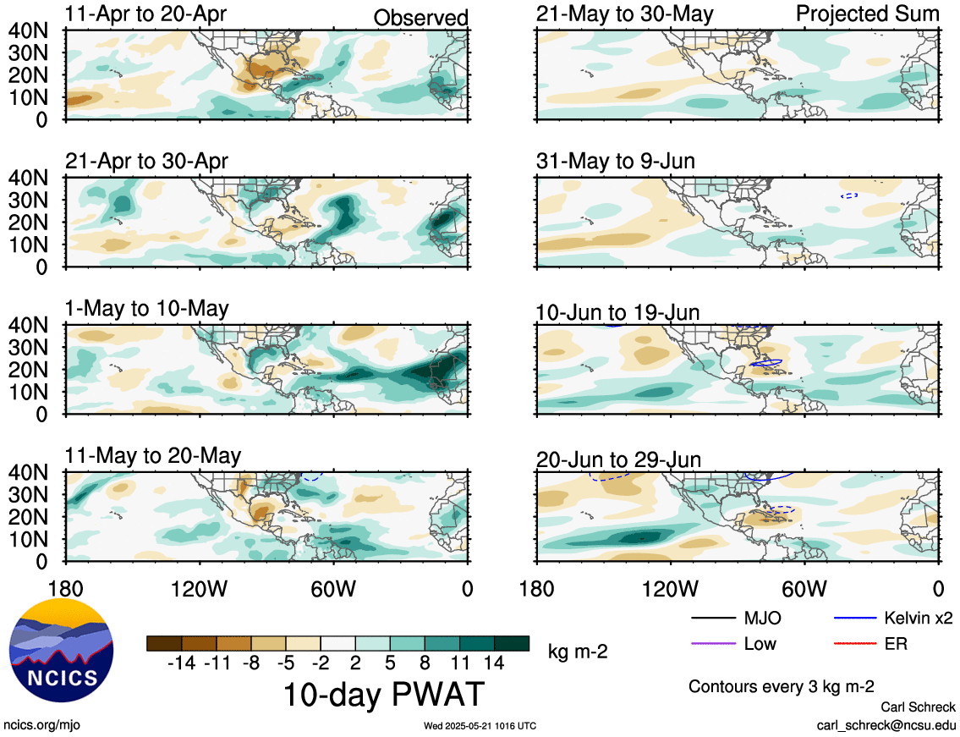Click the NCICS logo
(61, 652)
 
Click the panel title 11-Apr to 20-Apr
(145, 14)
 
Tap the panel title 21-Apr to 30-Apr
(146, 161)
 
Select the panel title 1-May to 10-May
(147, 308)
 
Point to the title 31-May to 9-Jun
(615, 161)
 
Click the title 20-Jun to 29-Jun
(618, 459)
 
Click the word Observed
(420, 19)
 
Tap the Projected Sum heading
(868, 14)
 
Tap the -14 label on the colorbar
(181, 663)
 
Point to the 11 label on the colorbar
(460, 663)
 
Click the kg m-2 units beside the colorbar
(578, 652)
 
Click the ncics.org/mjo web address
(41, 725)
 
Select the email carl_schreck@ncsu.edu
(886, 725)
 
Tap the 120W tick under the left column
(199, 589)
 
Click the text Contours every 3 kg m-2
(782, 686)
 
